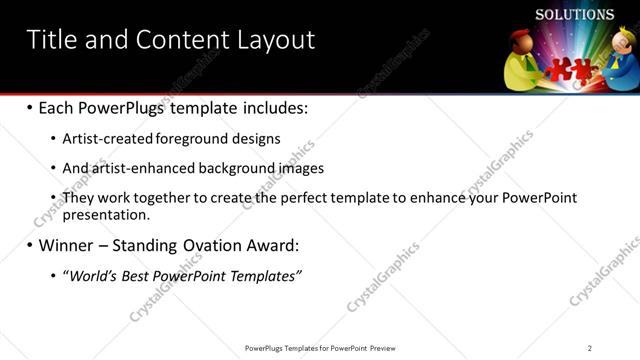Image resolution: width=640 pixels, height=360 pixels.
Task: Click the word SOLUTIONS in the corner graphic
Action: coord(574,15)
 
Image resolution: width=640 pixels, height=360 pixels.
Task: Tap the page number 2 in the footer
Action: coord(590,348)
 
